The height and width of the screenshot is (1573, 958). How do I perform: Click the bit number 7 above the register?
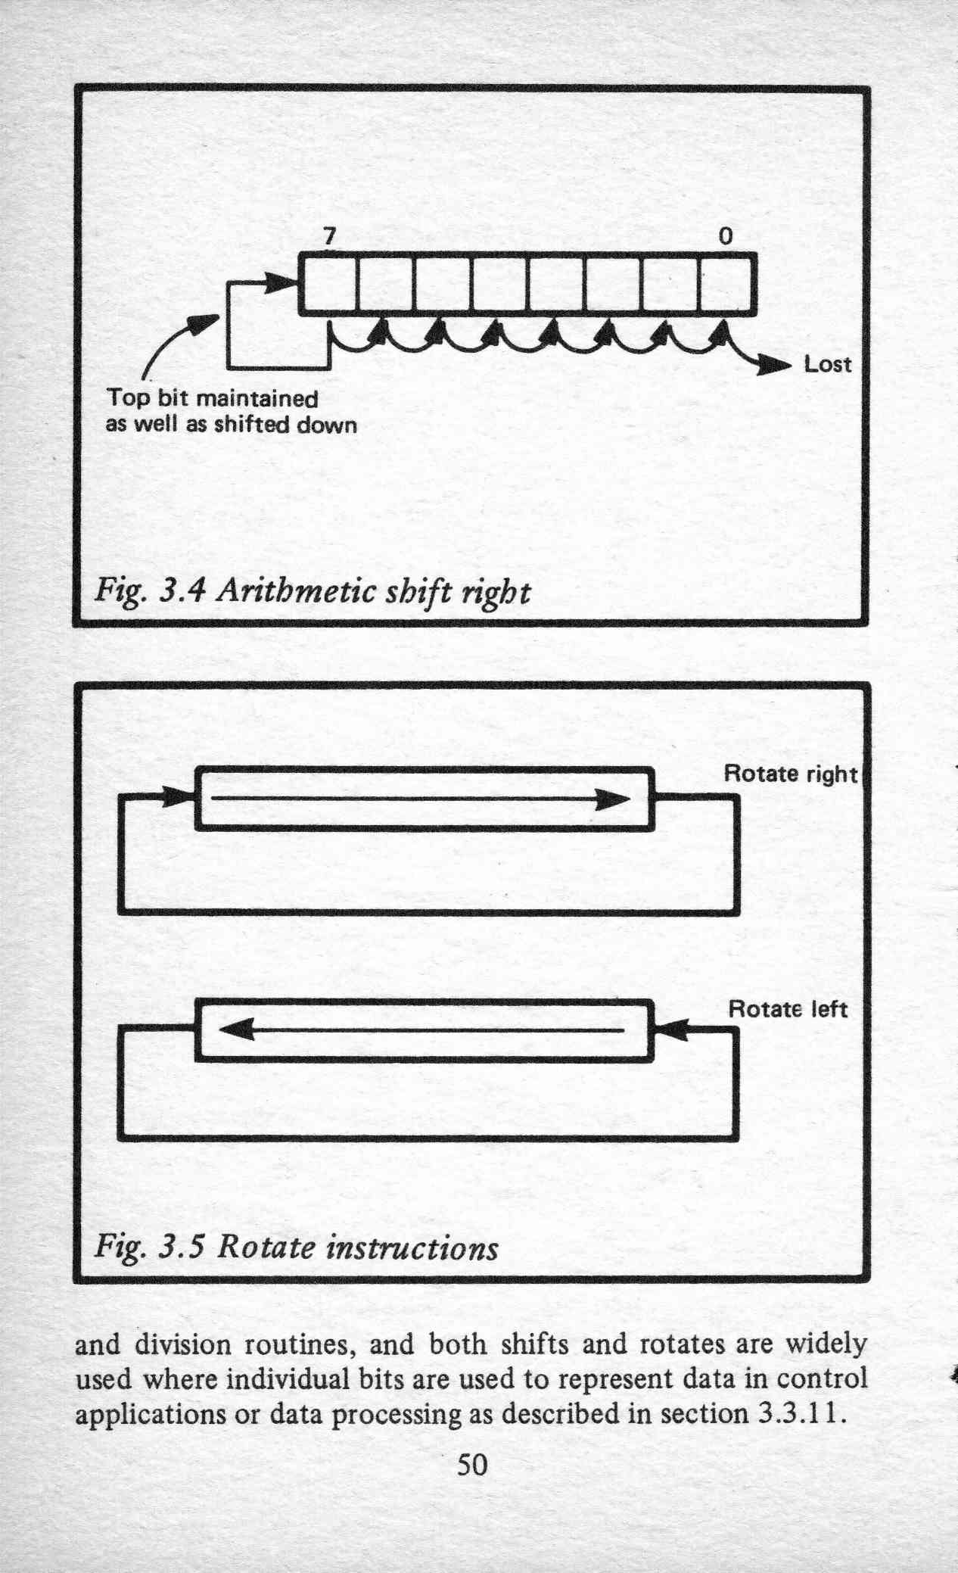click(x=328, y=237)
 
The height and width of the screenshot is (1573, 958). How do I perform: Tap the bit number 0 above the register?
click(x=725, y=237)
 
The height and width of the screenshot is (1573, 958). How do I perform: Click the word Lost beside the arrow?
click(x=827, y=365)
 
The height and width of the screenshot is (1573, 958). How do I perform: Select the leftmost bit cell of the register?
click(x=328, y=284)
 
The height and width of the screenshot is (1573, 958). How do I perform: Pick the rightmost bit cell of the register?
click(x=727, y=284)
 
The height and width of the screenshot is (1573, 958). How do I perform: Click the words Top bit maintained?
click(x=213, y=398)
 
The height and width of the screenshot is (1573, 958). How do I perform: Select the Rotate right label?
click(x=791, y=774)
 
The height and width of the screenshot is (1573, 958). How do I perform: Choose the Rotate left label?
click(x=788, y=1009)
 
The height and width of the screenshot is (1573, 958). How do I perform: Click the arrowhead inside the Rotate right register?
click(x=613, y=799)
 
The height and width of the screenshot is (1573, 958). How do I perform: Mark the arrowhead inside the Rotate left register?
click(x=235, y=1029)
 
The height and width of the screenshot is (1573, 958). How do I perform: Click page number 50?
click(x=472, y=1465)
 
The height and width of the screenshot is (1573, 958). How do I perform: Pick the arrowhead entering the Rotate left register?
click(x=670, y=1029)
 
